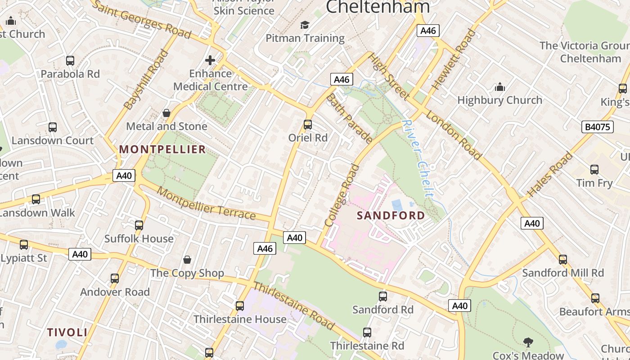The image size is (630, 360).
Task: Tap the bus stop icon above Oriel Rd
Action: coord(308,125)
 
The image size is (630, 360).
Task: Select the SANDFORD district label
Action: coord(391,216)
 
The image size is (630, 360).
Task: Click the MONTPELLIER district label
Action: coord(162,149)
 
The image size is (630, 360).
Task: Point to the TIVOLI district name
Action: coord(67,333)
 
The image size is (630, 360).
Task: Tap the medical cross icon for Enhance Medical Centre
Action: coord(210,60)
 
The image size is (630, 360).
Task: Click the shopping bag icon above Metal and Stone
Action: coord(166,113)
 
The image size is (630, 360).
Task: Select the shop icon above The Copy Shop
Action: coord(187,260)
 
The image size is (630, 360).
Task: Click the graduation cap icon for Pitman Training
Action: coord(305,25)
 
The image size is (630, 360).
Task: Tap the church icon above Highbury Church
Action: coord(499,87)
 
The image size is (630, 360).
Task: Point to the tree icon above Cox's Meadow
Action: coord(528,342)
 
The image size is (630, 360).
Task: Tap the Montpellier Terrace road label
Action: coord(206,204)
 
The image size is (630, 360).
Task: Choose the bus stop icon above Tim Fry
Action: coord(594,170)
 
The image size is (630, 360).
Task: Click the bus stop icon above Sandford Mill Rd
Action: coord(562,260)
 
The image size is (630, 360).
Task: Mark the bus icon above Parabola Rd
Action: coord(70,61)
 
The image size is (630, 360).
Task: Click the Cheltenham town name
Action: coord(378,7)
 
